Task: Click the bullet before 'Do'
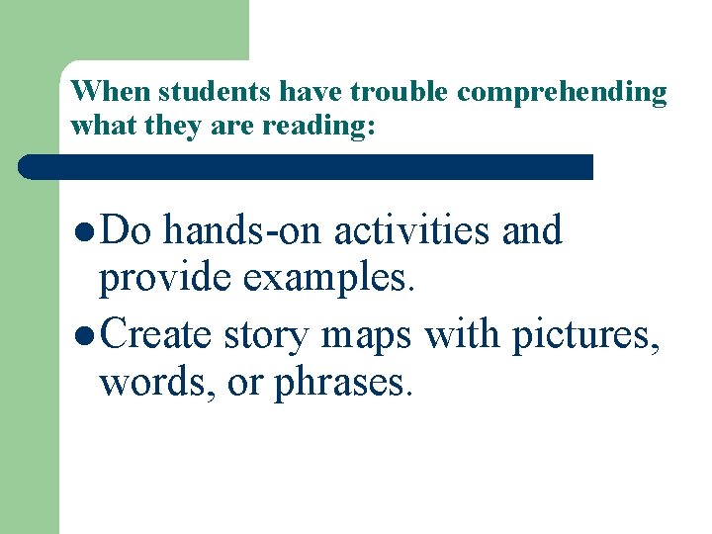[x=85, y=231]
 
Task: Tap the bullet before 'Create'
[x=85, y=335]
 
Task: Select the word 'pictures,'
[x=585, y=336]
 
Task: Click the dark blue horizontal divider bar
[x=307, y=166]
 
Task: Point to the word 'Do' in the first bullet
[x=124, y=230]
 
